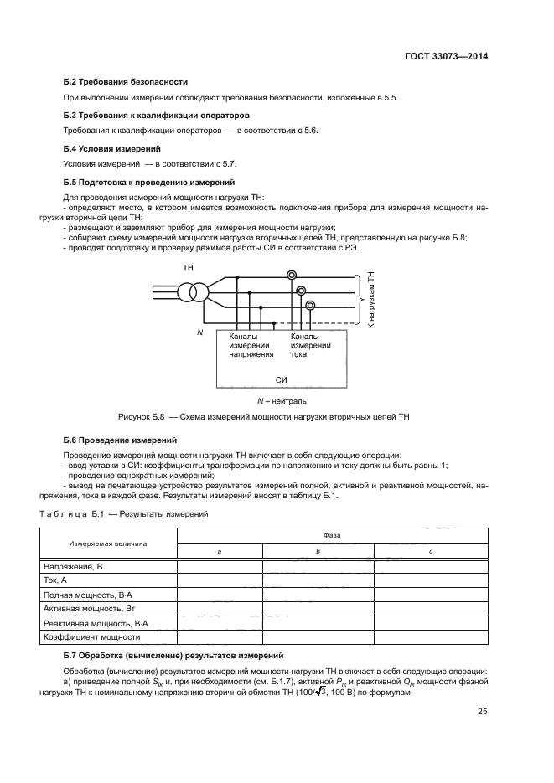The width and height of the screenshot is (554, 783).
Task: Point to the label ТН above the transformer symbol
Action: point(188,267)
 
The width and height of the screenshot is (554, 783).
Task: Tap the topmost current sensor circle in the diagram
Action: point(291,276)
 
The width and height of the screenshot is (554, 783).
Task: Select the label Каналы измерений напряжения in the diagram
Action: point(251,345)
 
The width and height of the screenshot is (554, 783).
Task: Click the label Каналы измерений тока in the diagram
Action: point(310,345)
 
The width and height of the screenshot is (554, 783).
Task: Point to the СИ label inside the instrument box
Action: point(282,379)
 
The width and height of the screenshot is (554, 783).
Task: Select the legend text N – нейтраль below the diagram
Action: point(282,401)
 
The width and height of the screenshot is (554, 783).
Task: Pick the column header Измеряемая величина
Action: point(108,543)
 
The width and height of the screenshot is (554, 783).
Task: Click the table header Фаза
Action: point(331,533)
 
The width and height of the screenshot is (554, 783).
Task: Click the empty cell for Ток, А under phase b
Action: point(318,580)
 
